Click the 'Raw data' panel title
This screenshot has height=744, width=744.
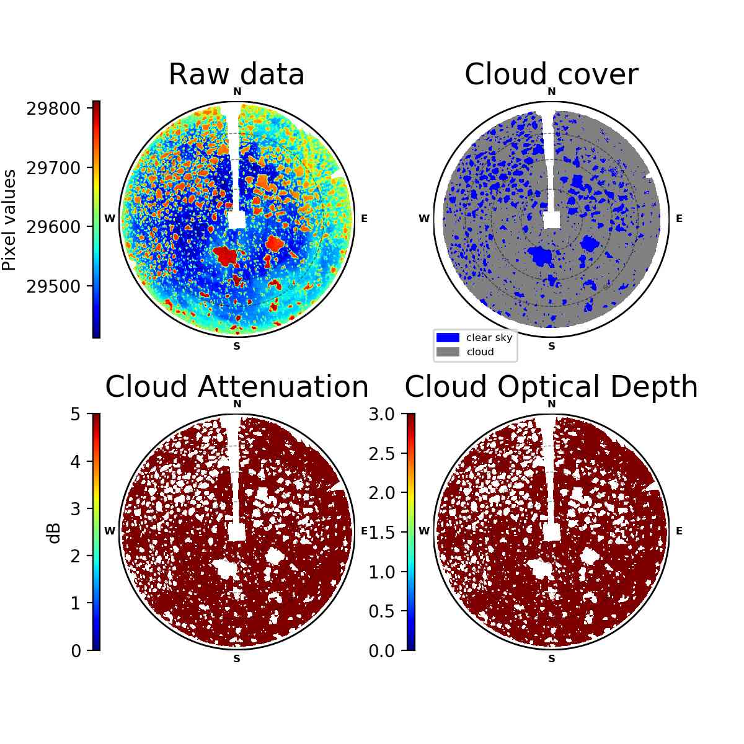[236, 74]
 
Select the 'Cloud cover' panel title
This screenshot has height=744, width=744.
[551, 74]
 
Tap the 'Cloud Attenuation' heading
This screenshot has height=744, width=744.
[237, 386]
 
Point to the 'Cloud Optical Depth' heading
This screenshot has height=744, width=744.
[551, 386]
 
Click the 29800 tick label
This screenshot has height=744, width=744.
[53, 109]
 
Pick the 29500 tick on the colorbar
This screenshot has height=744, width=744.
[53, 286]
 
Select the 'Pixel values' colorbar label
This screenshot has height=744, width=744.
[9, 220]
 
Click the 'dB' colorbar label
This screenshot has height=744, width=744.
[55, 534]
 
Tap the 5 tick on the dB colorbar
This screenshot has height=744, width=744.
[76, 414]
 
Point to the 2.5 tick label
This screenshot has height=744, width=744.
[381, 454]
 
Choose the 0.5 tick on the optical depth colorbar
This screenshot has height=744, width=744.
[381, 611]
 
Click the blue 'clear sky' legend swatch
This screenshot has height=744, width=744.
[448, 338]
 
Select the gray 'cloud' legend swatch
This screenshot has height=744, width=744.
[448, 352]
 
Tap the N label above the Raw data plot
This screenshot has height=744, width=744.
[237, 92]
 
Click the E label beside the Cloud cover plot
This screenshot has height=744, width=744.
[679, 218]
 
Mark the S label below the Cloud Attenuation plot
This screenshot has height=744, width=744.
[237, 658]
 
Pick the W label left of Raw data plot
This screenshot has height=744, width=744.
[110, 218]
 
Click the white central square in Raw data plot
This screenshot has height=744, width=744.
[237, 219]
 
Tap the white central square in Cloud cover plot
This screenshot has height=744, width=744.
[551, 219]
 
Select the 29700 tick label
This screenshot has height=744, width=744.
[53, 168]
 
